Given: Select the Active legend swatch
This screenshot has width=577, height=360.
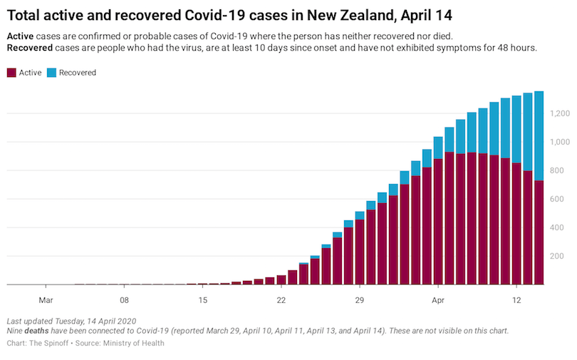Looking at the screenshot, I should pyautogui.click(x=11, y=73).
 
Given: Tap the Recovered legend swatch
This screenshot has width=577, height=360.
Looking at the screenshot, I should pyautogui.click(x=51, y=73).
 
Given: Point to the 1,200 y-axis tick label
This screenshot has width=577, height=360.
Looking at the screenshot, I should pyautogui.click(x=559, y=113).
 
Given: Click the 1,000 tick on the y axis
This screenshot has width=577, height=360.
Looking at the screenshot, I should pyautogui.click(x=559, y=142).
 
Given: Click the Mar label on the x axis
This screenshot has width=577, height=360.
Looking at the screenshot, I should pyautogui.click(x=46, y=299).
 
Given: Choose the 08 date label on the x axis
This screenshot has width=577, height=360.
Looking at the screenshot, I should pyautogui.click(x=125, y=299).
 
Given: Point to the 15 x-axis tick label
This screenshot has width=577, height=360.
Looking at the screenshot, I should pyautogui.click(x=203, y=299).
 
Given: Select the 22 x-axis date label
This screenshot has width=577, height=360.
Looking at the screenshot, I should pyautogui.click(x=281, y=299).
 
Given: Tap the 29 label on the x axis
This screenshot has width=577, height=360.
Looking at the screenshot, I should pyautogui.click(x=360, y=299).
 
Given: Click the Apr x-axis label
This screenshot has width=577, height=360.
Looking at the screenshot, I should pyautogui.click(x=438, y=299).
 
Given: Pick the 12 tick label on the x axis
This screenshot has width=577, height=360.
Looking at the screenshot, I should pyautogui.click(x=516, y=299).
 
